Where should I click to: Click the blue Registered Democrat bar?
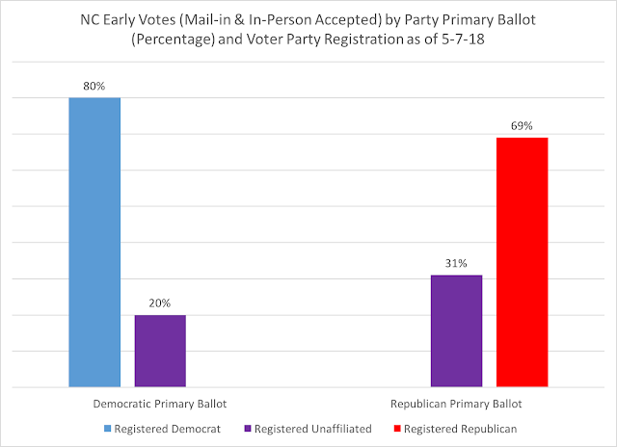[x=94, y=242]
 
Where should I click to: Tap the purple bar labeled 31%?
[x=456, y=330]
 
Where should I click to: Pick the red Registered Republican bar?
[x=522, y=262]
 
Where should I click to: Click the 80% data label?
[x=94, y=85]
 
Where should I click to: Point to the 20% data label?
[x=160, y=302]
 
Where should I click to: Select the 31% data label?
[x=456, y=263]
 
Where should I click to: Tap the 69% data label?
[x=522, y=125]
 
